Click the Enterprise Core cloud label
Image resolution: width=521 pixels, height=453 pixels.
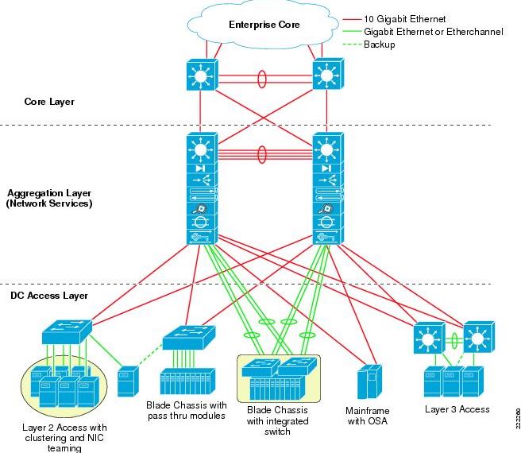265,25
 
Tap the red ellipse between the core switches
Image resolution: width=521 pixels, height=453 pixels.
262,79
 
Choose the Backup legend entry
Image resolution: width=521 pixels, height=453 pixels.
380,45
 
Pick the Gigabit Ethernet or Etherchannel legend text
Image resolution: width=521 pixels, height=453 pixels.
423,31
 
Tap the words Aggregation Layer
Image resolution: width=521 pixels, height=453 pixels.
49,193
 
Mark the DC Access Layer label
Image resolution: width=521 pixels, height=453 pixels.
48,296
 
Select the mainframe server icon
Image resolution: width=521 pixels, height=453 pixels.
369,381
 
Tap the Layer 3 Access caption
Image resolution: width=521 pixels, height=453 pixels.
457,409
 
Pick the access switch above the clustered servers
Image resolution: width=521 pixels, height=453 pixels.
67,327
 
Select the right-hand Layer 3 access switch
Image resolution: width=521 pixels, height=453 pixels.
479,338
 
